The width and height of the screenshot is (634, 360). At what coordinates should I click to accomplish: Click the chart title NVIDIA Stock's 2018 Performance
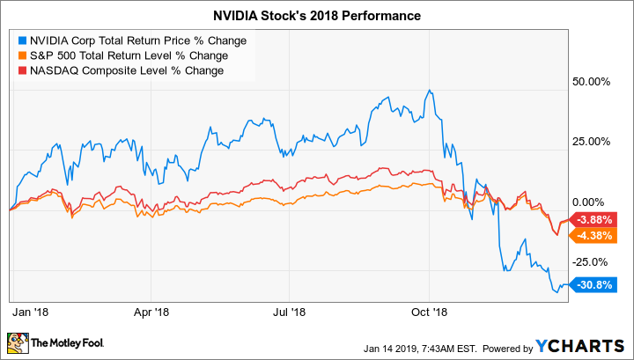(x=316, y=16)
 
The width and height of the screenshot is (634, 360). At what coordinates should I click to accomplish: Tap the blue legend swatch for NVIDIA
(x=22, y=40)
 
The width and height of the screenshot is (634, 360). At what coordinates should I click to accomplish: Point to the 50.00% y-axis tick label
(x=592, y=82)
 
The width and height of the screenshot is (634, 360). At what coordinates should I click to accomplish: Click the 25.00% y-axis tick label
(x=592, y=142)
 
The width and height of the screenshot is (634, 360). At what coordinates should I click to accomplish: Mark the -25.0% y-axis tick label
(x=592, y=261)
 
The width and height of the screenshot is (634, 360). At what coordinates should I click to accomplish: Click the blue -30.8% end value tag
(x=594, y=283)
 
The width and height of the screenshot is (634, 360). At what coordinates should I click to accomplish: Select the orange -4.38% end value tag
(x=595, y=235)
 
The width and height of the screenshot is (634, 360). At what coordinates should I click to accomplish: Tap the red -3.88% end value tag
(x=595, y=219)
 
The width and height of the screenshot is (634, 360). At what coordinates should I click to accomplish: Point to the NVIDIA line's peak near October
(x=428, y=90)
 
